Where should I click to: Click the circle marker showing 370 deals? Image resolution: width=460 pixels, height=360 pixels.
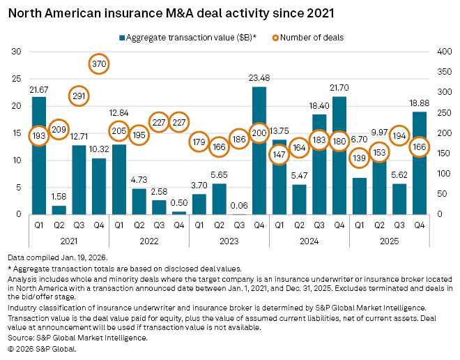click(99, 63)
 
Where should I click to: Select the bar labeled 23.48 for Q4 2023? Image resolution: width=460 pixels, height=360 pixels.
click(259, 167)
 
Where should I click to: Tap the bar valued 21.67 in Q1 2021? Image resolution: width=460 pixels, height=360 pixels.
click(39, 174)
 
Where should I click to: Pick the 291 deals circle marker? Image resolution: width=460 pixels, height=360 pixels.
click(79, 96)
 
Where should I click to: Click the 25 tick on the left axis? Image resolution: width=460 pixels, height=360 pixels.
click(16, 79)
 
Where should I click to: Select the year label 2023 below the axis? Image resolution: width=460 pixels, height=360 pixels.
click(229, 242)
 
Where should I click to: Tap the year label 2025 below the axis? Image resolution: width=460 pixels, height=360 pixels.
click(389, 242)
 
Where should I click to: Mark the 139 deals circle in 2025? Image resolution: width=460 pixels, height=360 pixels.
click(359, 158)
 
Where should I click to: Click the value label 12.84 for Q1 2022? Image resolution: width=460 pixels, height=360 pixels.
click(119, 113)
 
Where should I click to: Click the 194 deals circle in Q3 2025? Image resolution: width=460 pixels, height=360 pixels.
click(399, 135)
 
